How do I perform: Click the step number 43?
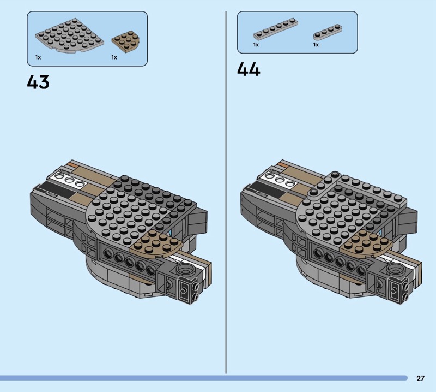point(38,82)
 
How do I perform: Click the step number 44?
point(249,69)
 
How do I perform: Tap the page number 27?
point(420,378)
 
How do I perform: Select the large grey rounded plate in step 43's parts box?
point(70,36)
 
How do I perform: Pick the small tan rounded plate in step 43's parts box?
point(126,42)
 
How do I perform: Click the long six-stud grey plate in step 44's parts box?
point(276,29)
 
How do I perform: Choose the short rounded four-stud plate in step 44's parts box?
point(328,32)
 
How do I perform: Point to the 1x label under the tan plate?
point(114,57)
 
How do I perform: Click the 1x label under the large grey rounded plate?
point(38,57)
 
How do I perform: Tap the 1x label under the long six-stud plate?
point(256,45)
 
